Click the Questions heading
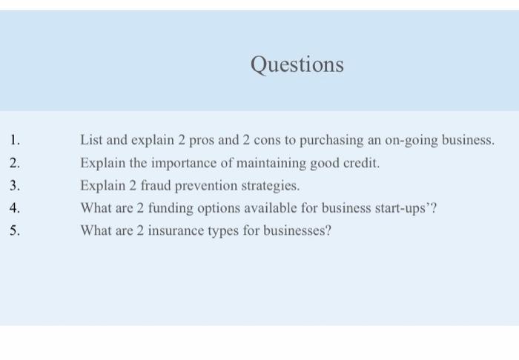tap(297, 65)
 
